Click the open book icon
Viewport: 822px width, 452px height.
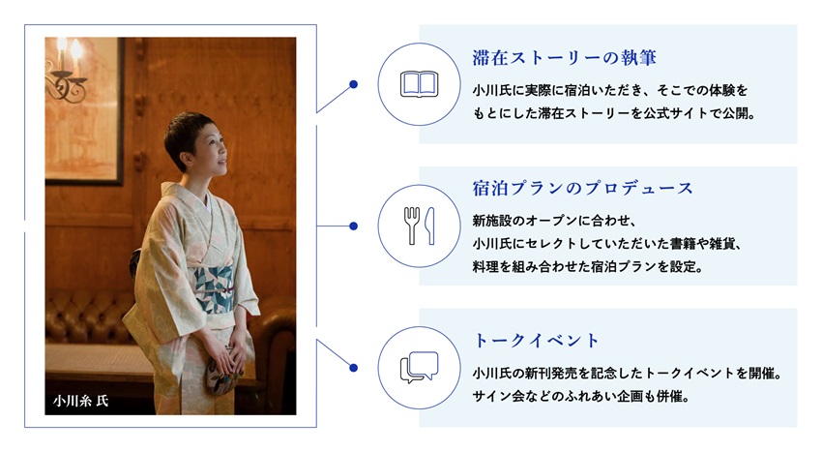coord(419,84)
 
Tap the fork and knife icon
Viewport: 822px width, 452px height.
coord(419,226)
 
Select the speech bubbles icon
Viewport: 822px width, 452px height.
coord(419,367)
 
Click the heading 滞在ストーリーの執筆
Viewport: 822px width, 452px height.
coord(564,58)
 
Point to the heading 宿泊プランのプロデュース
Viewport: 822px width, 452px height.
coord(582,188)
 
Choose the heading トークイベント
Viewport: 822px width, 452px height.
coord(536,340)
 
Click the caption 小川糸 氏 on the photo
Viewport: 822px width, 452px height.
coord(80,401)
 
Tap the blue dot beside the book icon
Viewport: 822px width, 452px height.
coord(353,84)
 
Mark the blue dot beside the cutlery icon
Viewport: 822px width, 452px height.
coord(353,226)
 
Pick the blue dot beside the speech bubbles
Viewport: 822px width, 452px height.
coord(353,368)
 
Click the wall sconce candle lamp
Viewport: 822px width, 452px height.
coord(67,70)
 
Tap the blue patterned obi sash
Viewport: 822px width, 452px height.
coord(214,288)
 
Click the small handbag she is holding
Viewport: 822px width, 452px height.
coord(223,375)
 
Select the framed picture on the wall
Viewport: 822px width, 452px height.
coord(84,111)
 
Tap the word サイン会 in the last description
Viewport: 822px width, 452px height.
coord(492,397)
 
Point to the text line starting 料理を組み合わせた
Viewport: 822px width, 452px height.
coord(588,267)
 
